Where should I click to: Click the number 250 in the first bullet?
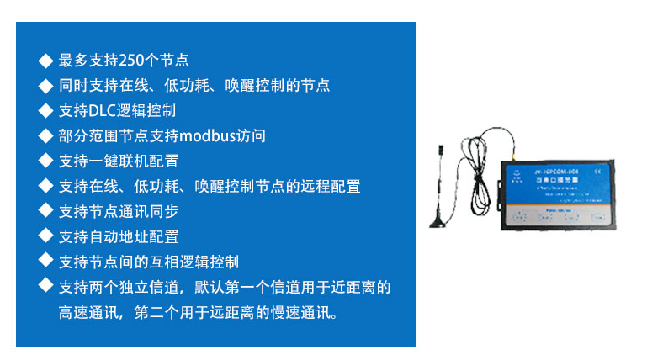click(132, 61)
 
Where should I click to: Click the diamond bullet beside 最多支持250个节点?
click(45, 61)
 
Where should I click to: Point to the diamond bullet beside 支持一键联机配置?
click(45, 161)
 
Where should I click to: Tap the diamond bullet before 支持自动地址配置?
click(45, 237)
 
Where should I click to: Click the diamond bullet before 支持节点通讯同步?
click(45, 212)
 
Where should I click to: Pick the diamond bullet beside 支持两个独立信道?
click(45, 287)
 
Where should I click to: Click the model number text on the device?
click(551, 171)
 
